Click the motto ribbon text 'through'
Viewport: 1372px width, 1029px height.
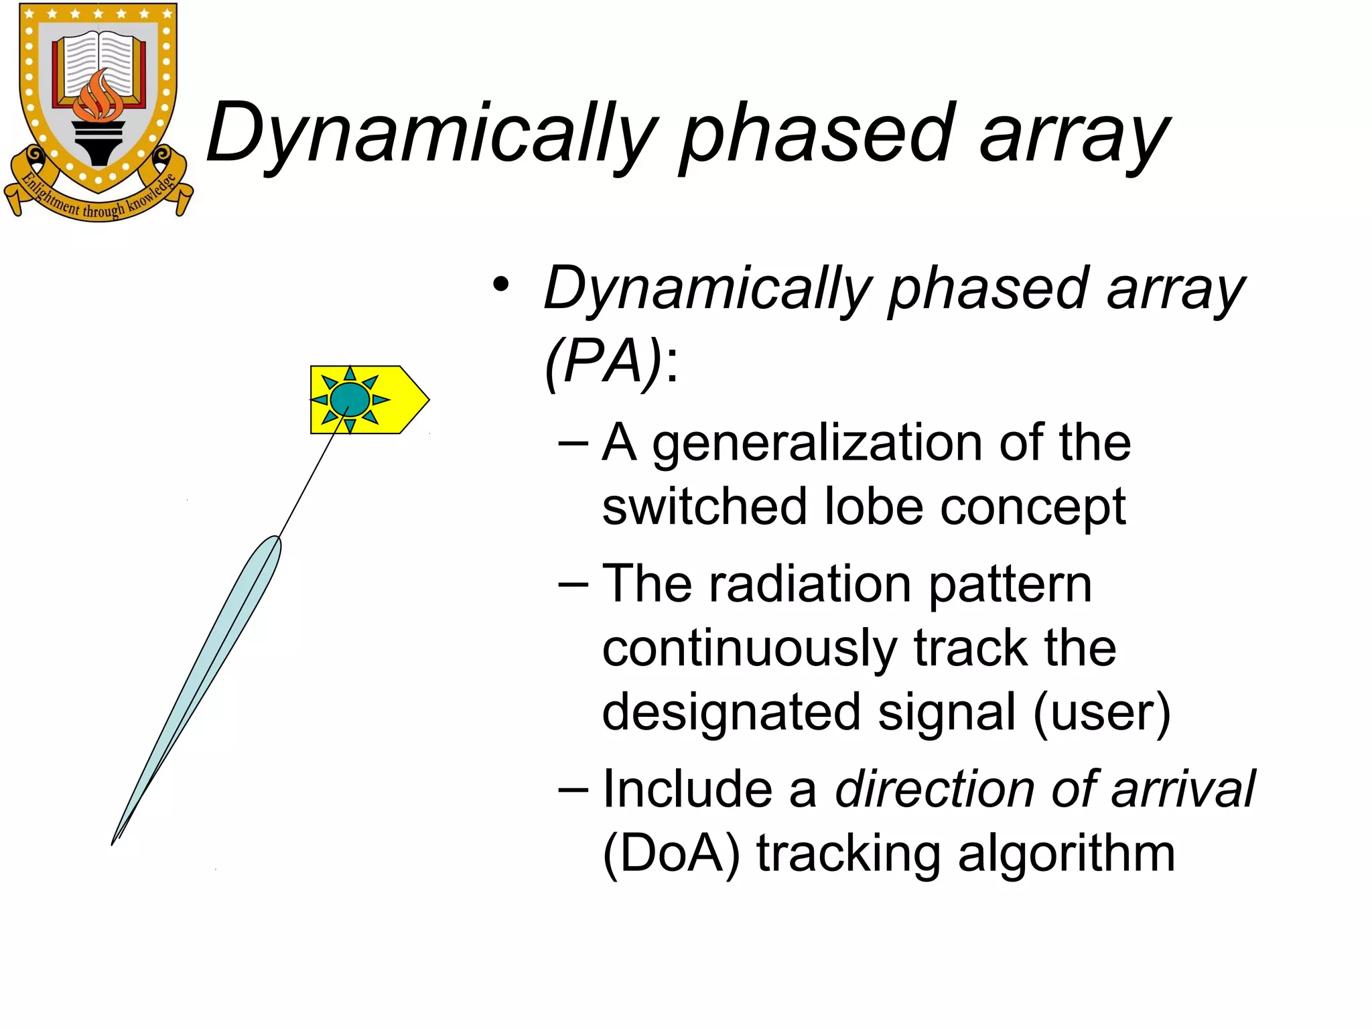103,210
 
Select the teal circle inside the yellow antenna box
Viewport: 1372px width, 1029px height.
350,399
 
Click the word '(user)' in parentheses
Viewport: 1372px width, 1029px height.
1102,713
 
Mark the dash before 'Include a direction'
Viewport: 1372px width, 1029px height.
573,788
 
